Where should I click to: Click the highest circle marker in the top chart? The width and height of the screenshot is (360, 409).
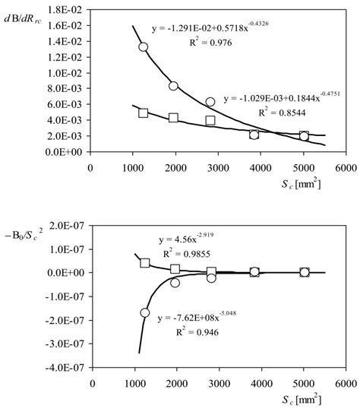143,47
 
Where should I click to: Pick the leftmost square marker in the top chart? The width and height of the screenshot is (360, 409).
143,113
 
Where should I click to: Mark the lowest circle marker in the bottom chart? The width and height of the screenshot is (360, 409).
144,312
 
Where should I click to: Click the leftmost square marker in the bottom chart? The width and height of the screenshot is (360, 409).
145,263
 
